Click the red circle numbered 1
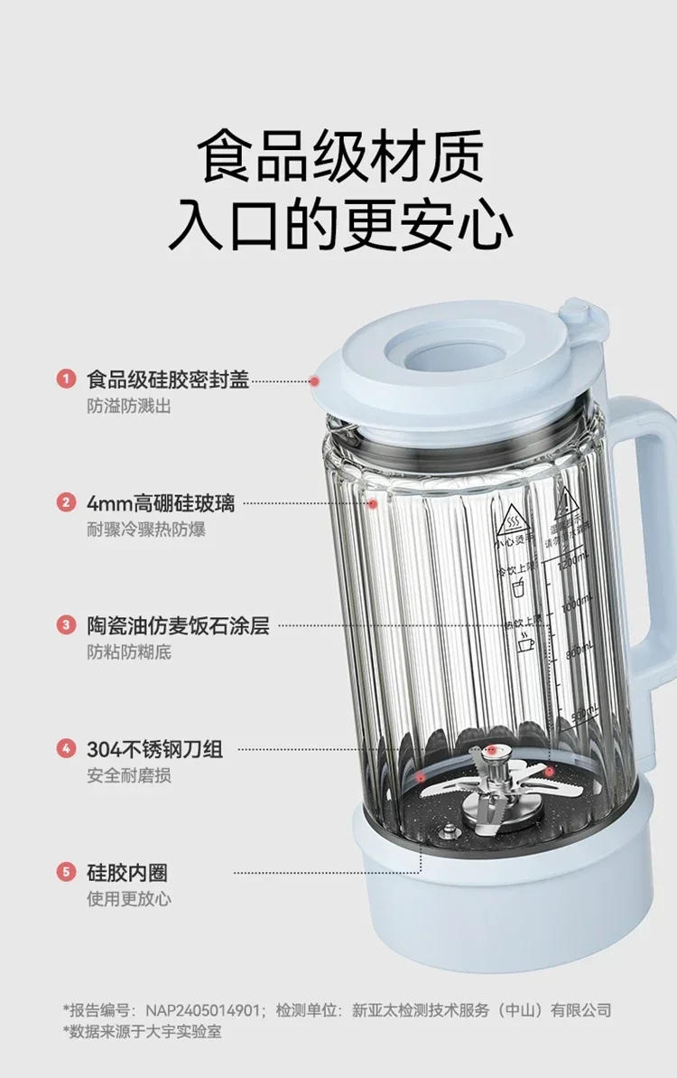pos(66,379)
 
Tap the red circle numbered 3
pos(66,625)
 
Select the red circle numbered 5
pos(66,872)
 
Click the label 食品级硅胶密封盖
pos(167,379)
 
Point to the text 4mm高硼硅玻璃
pos(161,502)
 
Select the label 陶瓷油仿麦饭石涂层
pos(178,625)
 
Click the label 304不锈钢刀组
pos(154,749)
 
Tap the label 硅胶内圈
pos(127,872)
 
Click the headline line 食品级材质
pos(340,157)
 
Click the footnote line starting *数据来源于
pos(142,1031)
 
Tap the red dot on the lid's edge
pos(314,381)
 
